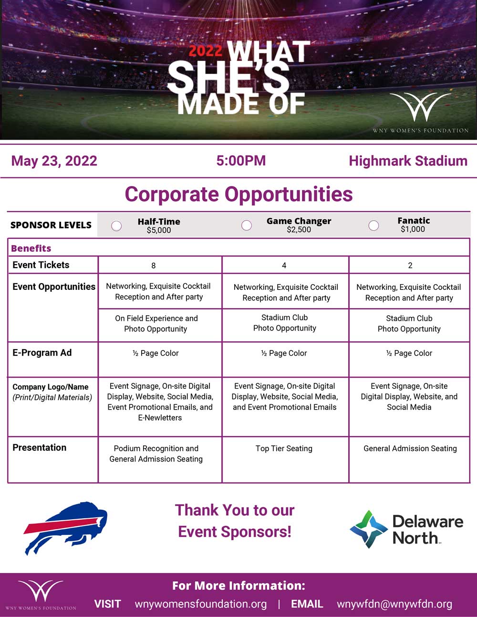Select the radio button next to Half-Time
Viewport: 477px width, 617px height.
click(116, 226)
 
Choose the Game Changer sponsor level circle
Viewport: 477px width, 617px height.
click(247, 225)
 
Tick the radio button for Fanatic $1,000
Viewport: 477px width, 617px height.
click(373, 226)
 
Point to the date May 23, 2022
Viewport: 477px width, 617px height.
click(54, 161)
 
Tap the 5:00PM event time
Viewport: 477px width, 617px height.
click(241, 160)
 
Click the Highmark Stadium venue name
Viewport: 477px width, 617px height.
click(408, 161)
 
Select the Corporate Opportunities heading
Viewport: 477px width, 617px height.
click(239, 194)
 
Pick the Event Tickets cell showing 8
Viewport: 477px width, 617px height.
click(153, 266)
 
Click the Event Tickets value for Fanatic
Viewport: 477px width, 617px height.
click(410, 265)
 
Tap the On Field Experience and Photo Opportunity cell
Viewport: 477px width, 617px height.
click(156, 323)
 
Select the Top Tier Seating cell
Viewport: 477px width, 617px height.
click(284, 448)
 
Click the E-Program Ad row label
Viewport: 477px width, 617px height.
click(42, 353)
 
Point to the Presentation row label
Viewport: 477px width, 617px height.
click(40, 447)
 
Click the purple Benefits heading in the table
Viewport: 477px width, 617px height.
click(31, 248)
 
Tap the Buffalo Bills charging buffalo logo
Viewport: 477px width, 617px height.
click(66, 528)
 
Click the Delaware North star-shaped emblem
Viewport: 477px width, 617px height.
click(369, 529)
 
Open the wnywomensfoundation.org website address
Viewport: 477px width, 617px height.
click(201, 604)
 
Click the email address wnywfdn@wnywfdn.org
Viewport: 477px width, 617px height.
click(394, 604)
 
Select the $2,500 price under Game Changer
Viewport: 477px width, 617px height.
click(299, 229)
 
